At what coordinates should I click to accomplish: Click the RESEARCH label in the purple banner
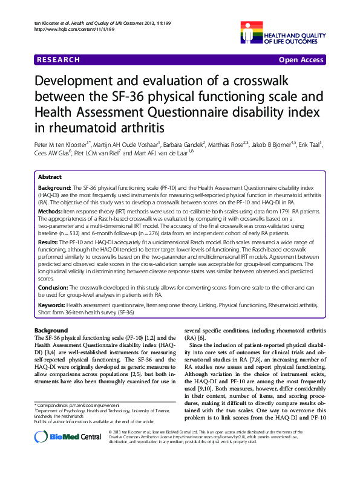click(x=58, y=60)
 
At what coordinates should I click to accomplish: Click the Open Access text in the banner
click(x=302, y=60)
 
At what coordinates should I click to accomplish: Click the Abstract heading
click(x=50, y=177)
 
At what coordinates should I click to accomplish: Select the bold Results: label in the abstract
click(x=50, y=242)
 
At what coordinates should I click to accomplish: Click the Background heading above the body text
click(x=51, y=330)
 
